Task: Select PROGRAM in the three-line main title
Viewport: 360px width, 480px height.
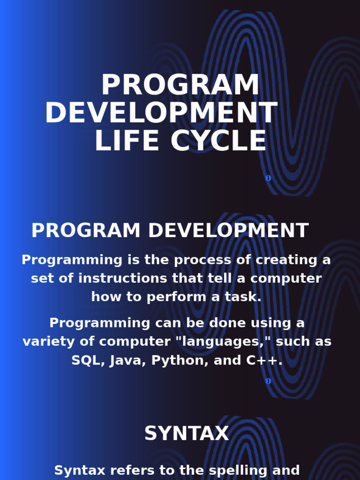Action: point(180,85)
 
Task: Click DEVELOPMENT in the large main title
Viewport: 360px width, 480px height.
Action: point(161,113)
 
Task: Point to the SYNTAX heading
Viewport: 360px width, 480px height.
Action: point(186,434)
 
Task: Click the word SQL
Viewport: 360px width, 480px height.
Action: point(87,360)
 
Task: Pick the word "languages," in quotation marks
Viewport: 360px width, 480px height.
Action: point(222,342)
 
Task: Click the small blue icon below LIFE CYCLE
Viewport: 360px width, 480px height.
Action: point(268,178)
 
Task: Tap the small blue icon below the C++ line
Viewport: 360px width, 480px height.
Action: point(268,381)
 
